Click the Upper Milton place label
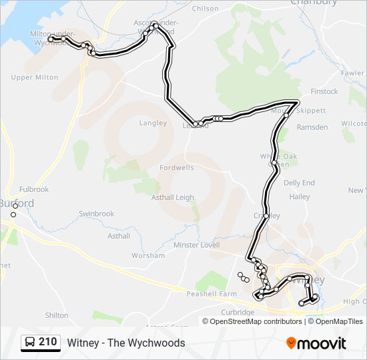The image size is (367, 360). (35, 77)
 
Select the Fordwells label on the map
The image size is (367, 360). (177, 168)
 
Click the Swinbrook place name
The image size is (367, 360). (97, 214)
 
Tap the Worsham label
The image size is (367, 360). (148, 255)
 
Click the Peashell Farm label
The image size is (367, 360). (212, 294)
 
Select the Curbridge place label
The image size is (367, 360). (239, 312)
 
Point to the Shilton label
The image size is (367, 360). (56, 315)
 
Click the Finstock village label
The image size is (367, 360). (324, 91)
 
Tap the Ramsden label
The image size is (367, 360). (312, 127)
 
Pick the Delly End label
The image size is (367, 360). (299, 183)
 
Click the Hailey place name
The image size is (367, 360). (300, 197)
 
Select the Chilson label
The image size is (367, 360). (205, 9)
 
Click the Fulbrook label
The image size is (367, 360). (34, 189)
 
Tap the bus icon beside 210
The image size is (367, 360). (30, 343)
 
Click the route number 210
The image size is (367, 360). (48, 342)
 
